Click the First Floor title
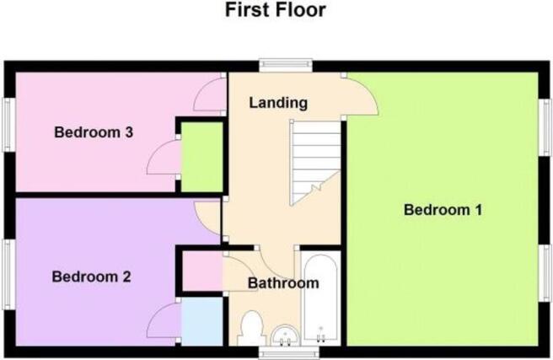tap(275, 9)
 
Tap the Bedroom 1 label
tap(443, 210)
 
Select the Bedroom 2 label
tap(91, 277)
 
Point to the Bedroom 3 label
tap(94, 132)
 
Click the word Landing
tap(278, 103)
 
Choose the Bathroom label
tap(283, 283)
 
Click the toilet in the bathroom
tap(250, 328)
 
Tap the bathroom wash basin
tap(285, 336)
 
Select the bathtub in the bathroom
tap(320, 298)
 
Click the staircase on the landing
tap(315, 162)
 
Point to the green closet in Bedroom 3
tap(201, 157)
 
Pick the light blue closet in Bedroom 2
tap(201, 321)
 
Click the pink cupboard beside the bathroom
tap(202, 271)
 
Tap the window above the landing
tap(286, 65)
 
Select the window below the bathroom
tap(288, 353)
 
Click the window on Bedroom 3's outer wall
tap(8, 125)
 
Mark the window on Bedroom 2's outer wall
tap(8, 275)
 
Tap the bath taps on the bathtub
tap(320, 336)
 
